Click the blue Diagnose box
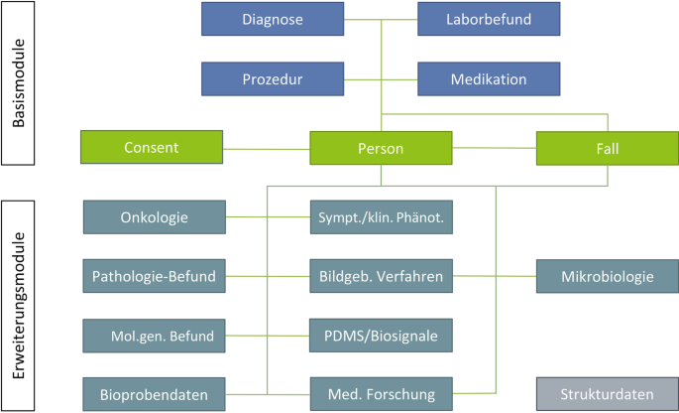(x=272, y=19)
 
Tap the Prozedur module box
(x=272, y=78)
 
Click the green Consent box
(x=152, y=148)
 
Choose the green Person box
(x=381, y=148)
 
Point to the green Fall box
(x=607, y=148)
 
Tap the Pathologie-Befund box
(x=155, y=276)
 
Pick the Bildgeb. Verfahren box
(x=381, y=276)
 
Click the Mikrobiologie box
(x=607, y=276)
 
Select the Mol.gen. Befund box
(x=155, y=336)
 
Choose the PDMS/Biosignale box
(x=381, y=336)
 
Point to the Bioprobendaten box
(x=155, y=394)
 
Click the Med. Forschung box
(x=381, y=394)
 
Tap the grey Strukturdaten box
(x=607, y=394)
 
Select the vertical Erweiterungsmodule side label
(x=20, y=303)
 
